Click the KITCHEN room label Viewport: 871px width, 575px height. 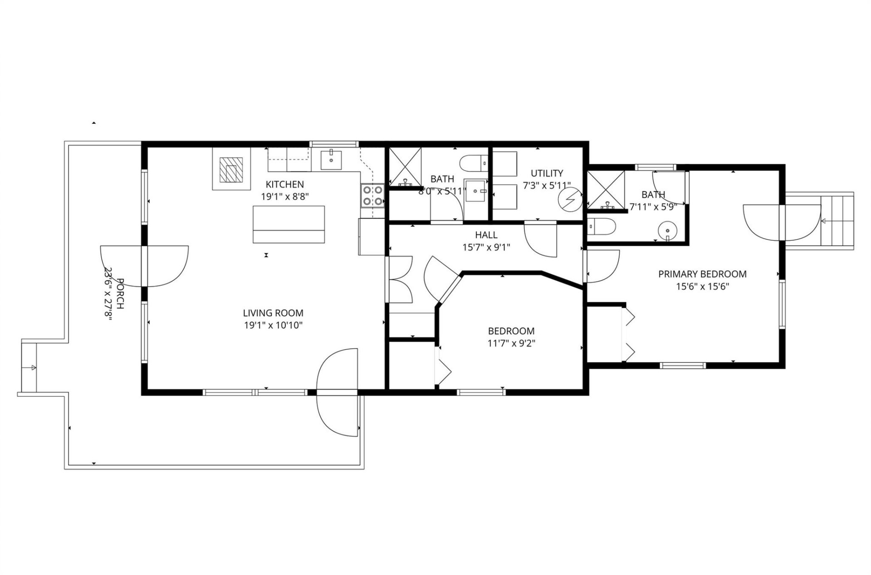pos(284,185)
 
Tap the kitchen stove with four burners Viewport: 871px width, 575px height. pos(372,195)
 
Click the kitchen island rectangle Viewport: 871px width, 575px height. pos(289,224)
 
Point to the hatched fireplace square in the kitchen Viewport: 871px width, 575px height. pos(231,170)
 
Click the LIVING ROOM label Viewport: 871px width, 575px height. pos(273,313)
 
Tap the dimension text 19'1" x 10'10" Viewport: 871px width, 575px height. pos(273,325)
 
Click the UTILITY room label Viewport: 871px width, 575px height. pos(547,173)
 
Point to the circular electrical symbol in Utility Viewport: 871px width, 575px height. pos(570,200)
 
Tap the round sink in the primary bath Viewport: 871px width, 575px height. pos(667,231)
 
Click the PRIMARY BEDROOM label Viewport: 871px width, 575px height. pos(702,274)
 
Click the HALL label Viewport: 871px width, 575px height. pos(486,235)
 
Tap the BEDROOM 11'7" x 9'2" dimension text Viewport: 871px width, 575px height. pos(511,343)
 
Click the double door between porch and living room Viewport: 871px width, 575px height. pos(144,266)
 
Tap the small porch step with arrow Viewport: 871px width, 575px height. pos(29,367)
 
